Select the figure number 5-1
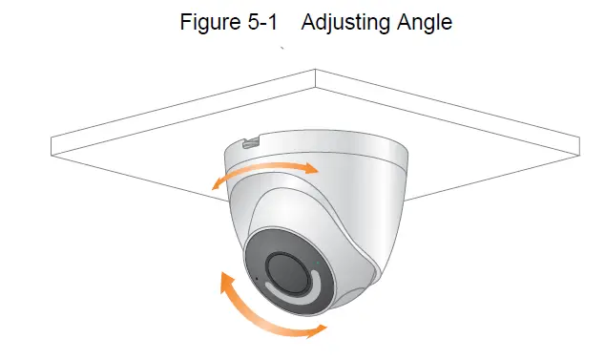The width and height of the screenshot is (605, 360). pyautogui.click(x=263, y=23)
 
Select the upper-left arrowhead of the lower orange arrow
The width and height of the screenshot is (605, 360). pyautogui.click(x=226, y=280)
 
